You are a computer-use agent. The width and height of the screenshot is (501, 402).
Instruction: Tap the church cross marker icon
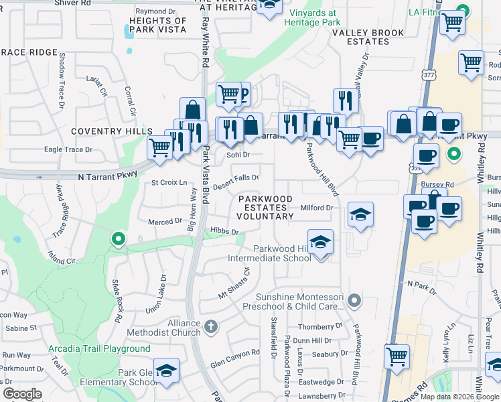[210, 327]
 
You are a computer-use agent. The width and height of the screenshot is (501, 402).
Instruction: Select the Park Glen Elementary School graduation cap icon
[166, 371]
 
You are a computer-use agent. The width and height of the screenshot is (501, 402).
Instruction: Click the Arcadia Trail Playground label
[99, 349]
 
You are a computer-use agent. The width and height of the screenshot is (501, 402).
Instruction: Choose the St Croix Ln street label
[169, 182]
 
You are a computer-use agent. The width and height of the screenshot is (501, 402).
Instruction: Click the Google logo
[21, 394]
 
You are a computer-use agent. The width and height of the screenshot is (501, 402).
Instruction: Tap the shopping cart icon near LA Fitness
[453, 21]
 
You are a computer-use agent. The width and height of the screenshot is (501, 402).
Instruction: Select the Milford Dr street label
[317, 208]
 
